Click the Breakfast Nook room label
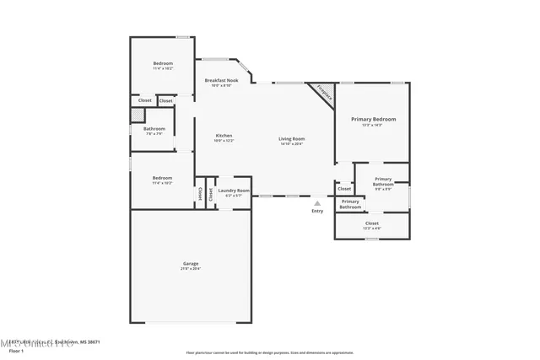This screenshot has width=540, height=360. [222, 80]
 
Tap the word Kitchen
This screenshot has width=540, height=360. [224, 136]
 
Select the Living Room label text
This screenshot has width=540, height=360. [292, 138]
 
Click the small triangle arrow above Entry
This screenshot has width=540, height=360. [317, 203]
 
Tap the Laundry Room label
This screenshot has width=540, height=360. [233, 191]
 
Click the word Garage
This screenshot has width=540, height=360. [191, 264]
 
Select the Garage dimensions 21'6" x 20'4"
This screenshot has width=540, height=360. [191, 269]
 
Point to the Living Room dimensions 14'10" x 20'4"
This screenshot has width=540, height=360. [292, 144]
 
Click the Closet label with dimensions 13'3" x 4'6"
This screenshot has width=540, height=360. [372, 228]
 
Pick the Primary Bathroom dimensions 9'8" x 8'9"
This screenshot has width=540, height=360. [383, 189]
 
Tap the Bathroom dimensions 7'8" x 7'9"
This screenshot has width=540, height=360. [154, 134]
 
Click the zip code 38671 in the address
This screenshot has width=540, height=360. [93, 341]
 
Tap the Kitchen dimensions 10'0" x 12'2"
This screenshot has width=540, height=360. [224, 141]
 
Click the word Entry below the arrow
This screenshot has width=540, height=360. [317, 211]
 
